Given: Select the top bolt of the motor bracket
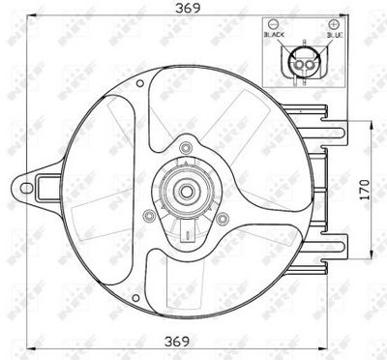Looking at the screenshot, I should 182,146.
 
